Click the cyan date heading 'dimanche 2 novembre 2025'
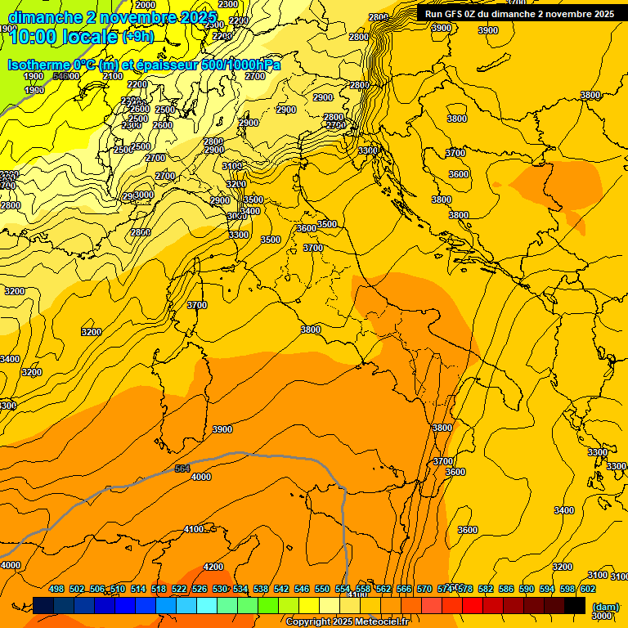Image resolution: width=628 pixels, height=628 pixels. click(112, 17)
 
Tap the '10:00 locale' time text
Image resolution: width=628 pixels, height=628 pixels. click(63, 36)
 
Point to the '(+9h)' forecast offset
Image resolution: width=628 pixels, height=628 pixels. click(137, 37)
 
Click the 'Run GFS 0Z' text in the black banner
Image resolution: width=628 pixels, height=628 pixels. click(454, 14)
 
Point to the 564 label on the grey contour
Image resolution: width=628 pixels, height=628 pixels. click(182, 469)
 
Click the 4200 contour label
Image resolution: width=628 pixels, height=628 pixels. click(213, 567)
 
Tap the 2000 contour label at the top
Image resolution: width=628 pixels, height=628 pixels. click(146, 6)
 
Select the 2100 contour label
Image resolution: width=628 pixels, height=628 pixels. click(113, 76)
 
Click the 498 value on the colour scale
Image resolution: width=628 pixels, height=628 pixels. click(56, 589)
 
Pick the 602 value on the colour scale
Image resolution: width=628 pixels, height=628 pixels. click(588, 589)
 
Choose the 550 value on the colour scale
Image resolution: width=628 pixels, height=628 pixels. click(322, 589)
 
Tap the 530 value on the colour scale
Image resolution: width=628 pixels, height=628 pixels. click(220, 589)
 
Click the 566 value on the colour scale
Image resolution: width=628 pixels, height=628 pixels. click(404, 589)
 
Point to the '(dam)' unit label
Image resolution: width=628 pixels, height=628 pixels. click(605, 607)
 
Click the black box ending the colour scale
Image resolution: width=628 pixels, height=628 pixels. click(575, 605)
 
